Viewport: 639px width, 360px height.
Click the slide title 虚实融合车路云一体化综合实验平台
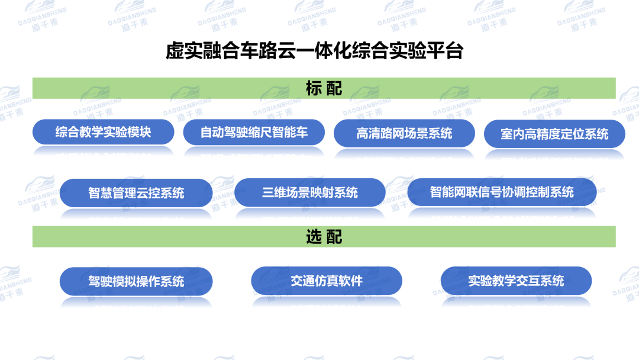pyautogui.click(x=314, y=51)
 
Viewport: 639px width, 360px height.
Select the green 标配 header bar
pyautogui.click(x=324, y=88)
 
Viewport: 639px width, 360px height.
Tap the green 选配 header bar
pyautogui.click(x=324, y=236)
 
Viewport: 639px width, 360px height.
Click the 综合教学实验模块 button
pyautogui.click(x=103, y=132)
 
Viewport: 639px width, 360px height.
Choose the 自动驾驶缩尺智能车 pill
pyautogui.click(x=254, y=132)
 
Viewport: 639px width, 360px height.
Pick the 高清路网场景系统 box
pyautogui.click(x=404, y=133)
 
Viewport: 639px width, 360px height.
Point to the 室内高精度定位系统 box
pyautogui.click(x=554, y=134)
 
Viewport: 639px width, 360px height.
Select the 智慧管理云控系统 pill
pyautogui.click(x=136, y=192)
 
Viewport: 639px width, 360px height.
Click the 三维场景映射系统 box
pyautogui.click(x=310, y=192)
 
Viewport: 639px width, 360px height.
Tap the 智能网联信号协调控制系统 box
pyautogui.click(x=502, y=192)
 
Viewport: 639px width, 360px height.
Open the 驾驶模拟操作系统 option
pyautogui.click(x=136, y=281)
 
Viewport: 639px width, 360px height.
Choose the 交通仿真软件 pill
pyautogui.click(x=327, y=280)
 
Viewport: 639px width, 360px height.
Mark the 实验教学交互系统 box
pyautogui.click(x=516, y=281)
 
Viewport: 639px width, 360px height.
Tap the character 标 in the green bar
pyautogui.click(x=314, y=88)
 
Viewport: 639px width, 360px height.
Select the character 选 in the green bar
pyautogui.click(x=314, y=236)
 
